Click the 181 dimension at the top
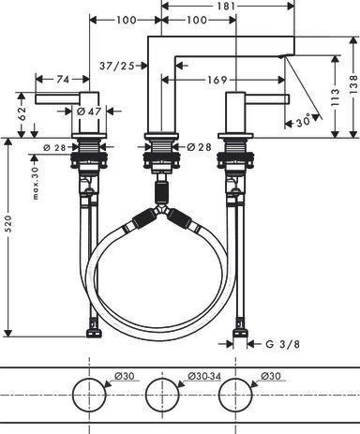(226, 6)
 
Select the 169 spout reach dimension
(217, 80)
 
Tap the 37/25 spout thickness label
(117, 66)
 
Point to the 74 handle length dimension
(63, 80)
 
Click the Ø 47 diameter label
(89, 112)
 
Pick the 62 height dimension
(22, 113)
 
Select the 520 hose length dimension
(8, 223)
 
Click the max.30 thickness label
(36, 183)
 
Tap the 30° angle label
(303, 121)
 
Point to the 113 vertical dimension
(335, 97)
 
